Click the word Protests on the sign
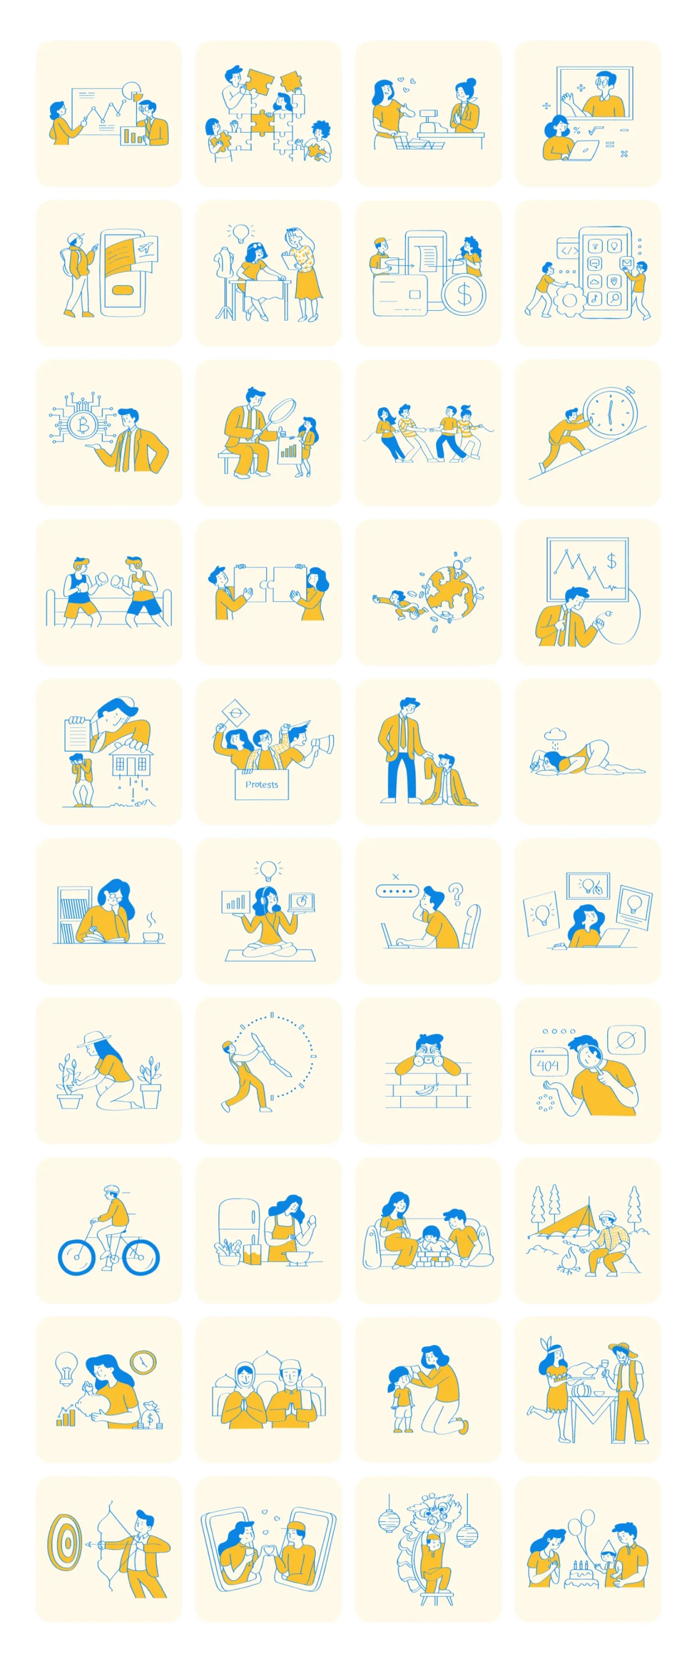261,784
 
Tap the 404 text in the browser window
548,1065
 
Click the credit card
400,295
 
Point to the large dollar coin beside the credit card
464,294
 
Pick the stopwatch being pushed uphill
609,412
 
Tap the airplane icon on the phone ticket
146,247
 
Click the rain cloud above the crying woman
555,734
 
